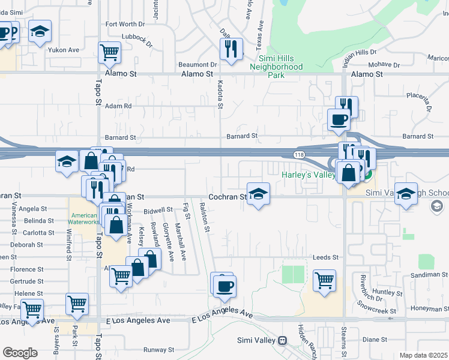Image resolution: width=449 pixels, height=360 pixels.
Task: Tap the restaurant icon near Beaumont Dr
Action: point(231,49)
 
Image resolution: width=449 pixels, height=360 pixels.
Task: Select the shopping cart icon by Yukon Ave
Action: point(109,52)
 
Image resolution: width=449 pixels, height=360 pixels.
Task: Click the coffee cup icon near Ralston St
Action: point(224,286)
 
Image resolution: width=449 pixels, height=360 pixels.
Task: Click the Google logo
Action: point(20,352)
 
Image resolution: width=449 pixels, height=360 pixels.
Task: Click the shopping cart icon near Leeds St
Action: point(324,280)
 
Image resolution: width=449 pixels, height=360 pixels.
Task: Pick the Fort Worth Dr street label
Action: point(125,25)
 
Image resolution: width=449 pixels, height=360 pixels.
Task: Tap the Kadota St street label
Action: point(220,95)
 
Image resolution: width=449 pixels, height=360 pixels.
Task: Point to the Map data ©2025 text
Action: point(424,355)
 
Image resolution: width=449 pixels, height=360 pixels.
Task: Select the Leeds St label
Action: point(326,257)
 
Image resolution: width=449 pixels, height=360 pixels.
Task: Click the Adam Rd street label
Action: point(118,106)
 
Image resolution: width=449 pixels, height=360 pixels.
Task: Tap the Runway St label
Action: point(158,349)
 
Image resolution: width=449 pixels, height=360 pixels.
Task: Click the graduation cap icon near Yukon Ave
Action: point(40,31)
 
